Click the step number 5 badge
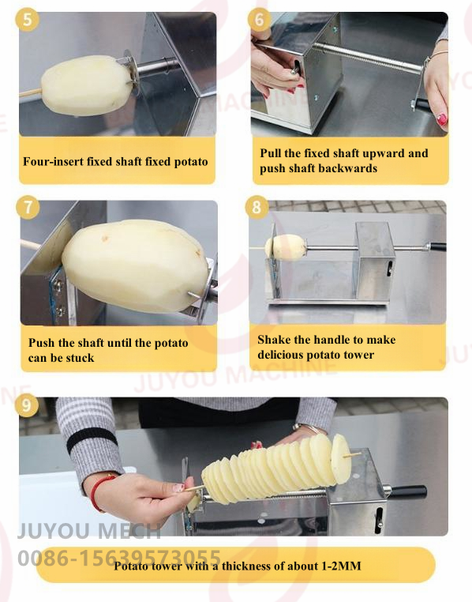pos(27,19)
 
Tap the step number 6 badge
pos(259,19)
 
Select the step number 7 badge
pos(28,207)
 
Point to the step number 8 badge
pos(257,207)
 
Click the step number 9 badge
pos(27,405)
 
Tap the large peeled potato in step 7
pos(135,265)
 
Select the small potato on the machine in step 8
pos(286,247)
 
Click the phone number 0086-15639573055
pos(119,557)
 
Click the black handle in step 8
pos(437,246)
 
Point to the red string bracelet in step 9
pos(98,493)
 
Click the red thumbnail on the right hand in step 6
pos(442,120)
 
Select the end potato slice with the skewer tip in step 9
pos(341,459)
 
